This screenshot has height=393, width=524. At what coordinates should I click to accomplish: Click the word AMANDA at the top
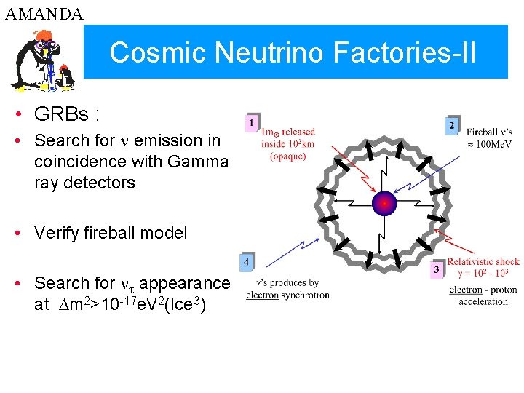pos(44,14)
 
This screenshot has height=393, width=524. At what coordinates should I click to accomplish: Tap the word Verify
pos(61,233)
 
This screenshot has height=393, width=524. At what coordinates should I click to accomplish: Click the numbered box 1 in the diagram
pos(252,123)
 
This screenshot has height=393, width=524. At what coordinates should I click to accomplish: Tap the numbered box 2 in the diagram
pos(452,125)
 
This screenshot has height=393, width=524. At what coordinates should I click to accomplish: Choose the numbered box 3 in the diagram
pos(436,269)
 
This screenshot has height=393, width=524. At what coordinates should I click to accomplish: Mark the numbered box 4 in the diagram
pos(247,261)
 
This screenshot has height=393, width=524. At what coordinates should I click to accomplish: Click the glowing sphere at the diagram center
pos(384,203)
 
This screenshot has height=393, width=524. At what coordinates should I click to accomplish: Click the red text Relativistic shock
pos(483,261)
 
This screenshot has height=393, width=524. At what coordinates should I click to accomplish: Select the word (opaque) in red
pos(288,156)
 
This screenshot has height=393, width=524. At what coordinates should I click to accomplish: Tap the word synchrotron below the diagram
pos(306,295)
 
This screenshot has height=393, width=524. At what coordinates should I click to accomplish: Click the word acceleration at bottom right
pos(483,301)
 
